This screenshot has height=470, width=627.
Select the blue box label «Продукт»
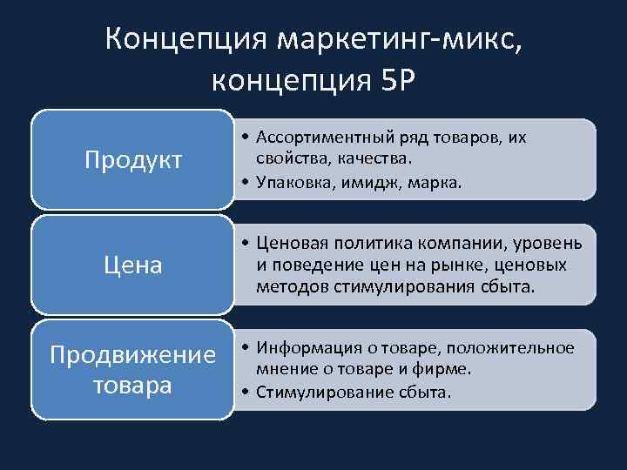[x=133, y=159]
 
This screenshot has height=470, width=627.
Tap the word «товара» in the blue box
[x=133, y=385]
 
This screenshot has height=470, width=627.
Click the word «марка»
[x=437, y=183]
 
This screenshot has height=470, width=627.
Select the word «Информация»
[x=305, y=348]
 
